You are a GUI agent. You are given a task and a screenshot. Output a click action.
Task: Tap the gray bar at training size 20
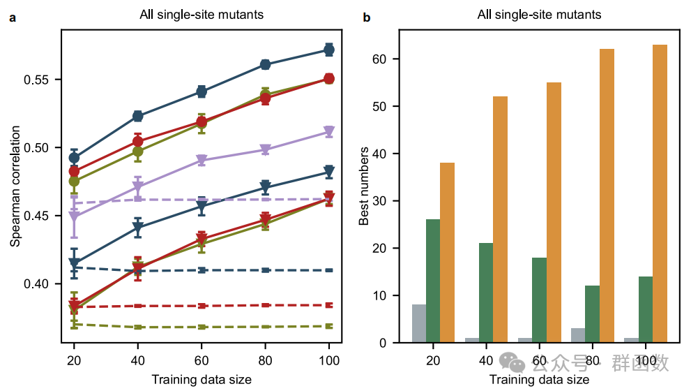pos(419,323)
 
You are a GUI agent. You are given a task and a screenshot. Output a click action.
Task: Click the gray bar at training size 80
pos(578,335)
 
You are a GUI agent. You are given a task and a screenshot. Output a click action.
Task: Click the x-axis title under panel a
pos(202,380)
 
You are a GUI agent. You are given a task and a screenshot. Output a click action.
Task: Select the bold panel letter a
pos(12,15)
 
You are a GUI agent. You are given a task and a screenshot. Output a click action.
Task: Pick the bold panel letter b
pos(366,15)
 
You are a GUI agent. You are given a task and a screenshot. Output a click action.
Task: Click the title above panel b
pos(539,14)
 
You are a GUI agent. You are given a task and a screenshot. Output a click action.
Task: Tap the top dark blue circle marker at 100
pos(329,50)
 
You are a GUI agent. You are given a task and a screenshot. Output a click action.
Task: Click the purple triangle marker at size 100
pos(329,132)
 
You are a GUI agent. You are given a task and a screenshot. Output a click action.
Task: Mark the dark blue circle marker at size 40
pos(138,116)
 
